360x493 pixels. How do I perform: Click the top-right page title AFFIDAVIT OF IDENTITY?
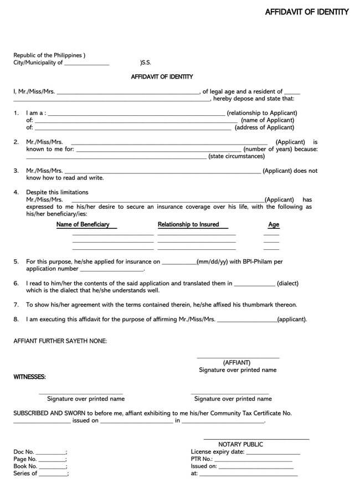point(306,12)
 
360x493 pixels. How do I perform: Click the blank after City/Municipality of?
point(87,64)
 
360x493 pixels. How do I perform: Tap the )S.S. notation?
point(148,63)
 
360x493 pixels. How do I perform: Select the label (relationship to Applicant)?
point(261,113)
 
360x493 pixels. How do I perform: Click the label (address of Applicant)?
point(264,127)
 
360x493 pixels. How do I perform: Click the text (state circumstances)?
point(236,156)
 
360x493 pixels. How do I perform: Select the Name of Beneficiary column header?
point(83,224)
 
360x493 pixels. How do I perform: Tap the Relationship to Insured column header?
point(188,224)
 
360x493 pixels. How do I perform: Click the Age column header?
point(274,225)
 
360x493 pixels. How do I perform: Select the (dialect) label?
point(287,283)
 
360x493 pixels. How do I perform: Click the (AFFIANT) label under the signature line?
point(237,363)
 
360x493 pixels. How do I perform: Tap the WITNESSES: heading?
point(30,377)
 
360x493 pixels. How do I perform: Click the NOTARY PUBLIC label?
point(241,444)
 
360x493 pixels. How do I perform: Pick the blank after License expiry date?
point(273,453)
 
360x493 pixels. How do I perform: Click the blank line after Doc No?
point(51,453)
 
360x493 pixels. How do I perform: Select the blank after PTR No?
point(253,460)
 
